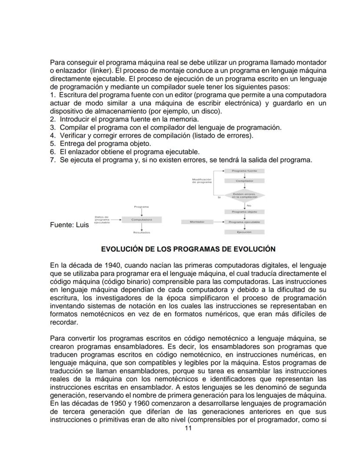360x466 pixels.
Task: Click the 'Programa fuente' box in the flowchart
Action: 244,171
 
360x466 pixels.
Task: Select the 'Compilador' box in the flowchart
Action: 244,181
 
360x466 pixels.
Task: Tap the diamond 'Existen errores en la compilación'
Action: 244,195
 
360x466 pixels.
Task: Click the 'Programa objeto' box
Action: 244,212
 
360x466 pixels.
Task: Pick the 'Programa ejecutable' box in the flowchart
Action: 244,222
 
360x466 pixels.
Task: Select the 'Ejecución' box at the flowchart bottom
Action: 244,232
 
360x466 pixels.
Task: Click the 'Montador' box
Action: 197,222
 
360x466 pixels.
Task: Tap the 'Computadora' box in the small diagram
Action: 142,220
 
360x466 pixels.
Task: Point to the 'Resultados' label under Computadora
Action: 142,233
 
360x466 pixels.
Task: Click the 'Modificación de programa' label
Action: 202,181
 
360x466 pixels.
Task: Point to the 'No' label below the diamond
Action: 249,205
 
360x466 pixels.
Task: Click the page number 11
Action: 188,428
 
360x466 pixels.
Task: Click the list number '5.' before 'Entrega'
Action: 53,144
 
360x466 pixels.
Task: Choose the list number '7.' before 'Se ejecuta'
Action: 53,160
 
